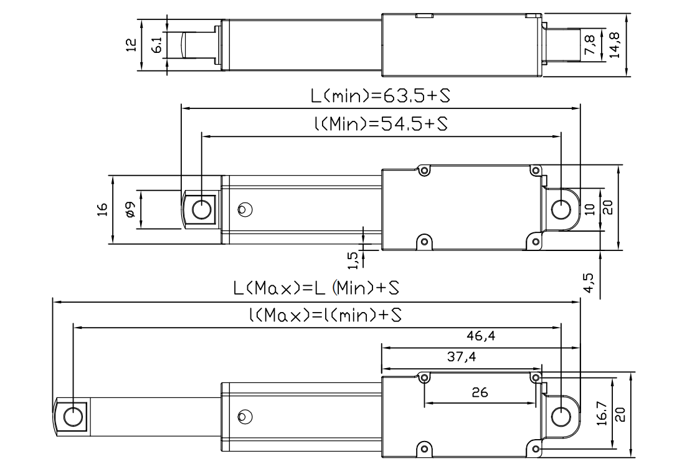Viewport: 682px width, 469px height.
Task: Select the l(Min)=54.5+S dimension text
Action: pyautogui.click(x=381, y=124)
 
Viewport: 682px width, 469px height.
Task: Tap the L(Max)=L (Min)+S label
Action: pyautogui.click(x=316, y=289)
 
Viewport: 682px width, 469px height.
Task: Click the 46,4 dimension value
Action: pyautogui.click(x=481, y=336)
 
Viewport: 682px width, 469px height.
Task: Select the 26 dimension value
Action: pyautogui.click(x=480, y=393)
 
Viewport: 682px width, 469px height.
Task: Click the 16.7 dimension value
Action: pyautogui.click(x=601, y=412)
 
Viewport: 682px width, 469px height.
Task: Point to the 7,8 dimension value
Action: pyautogui.click(x=590, y=44)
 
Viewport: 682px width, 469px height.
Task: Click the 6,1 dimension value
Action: pyautogui.click(x=157, y=44)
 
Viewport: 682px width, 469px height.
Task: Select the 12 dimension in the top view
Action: pyautogui.click(x=131, y=45)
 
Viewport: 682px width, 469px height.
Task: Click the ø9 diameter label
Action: pyautogui.click(x=130, y=209)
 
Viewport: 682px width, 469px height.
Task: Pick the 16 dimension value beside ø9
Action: pyautogui.click(x=103, y=209)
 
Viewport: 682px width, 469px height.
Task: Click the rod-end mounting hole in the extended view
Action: pyautogui.click(x=73, y=415)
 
